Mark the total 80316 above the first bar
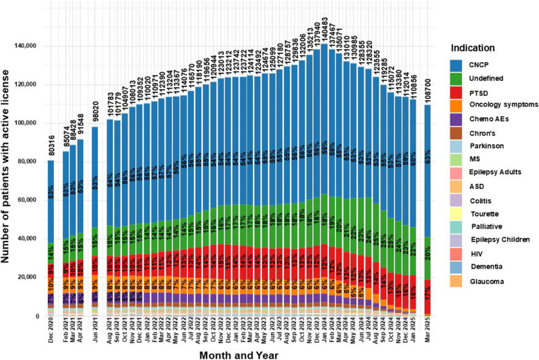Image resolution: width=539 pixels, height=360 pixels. click(x=51, y=147)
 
